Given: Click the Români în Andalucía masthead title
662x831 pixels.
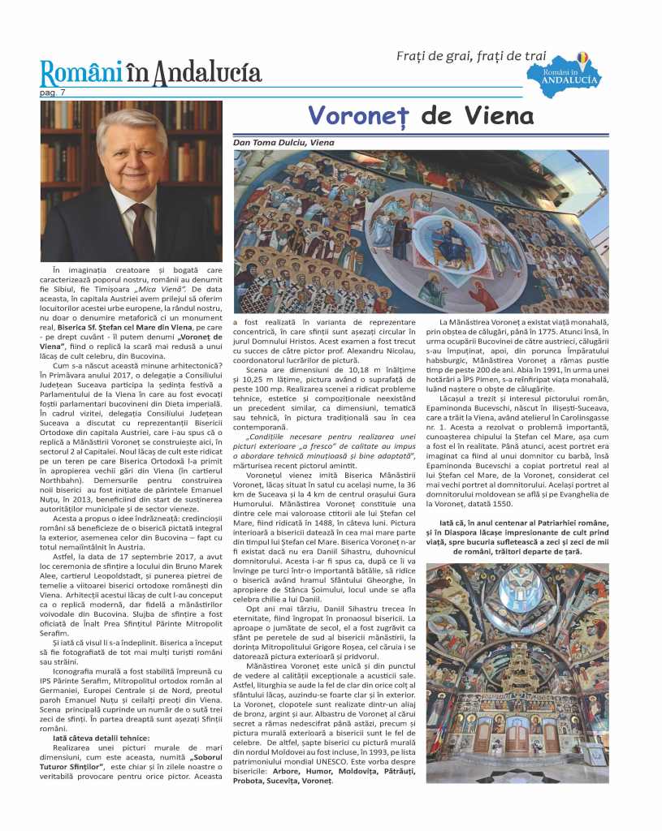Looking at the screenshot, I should click(x=151, y=74).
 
